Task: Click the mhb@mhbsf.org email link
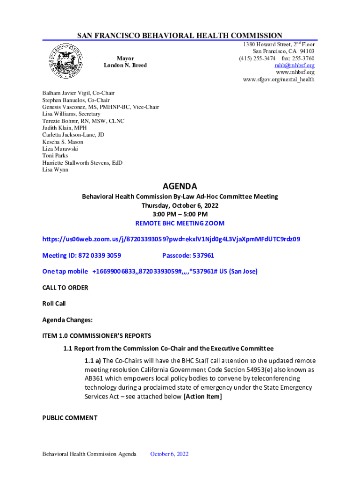[295, 65]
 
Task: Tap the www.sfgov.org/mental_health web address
[279, 80]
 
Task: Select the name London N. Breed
[125, 65]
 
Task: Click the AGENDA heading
[180, 186]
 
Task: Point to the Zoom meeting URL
[171, 239]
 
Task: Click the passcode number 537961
[201, 255]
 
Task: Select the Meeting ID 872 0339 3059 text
[82, 255]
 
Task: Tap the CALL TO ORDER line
[65, 288]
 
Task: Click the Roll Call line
[54, 304]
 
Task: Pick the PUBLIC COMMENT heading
[70, 418]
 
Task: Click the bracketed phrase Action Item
[202, 397]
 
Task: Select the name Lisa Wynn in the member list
[55, 170]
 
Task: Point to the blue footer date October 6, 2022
[169, 454]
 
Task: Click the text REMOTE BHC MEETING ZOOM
[180, 223]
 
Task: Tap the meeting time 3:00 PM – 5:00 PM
[180, 214]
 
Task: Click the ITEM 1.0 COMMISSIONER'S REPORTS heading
[97, 336]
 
